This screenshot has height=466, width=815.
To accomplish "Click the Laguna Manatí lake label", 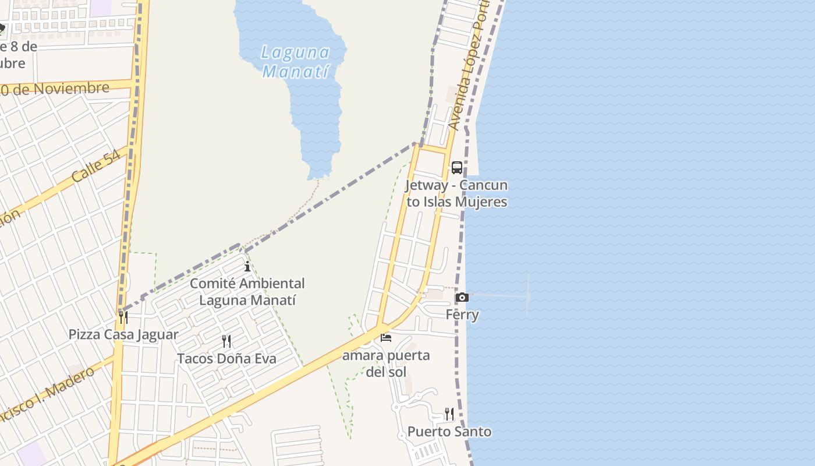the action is (x=296, y=62).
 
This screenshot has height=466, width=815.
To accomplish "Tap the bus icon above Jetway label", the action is (x=457, y=168).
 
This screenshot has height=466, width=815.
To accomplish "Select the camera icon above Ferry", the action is (x=462, y=298).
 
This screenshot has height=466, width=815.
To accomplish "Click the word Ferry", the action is (x=462, y=315).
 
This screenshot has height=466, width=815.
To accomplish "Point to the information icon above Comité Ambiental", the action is (x=247, y=267).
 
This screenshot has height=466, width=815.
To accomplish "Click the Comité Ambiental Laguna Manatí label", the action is (x=247, y=292).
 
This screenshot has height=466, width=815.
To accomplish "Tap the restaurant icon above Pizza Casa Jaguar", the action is (x=123, y=317).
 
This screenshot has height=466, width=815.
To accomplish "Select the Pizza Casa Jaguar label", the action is (x=123, y=335).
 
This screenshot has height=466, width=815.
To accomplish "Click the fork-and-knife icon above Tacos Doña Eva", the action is (x=226, y=341).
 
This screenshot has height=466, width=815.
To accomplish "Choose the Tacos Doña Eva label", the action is (x=226, y=359).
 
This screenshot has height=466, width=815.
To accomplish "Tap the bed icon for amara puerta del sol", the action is (x=386, y=337).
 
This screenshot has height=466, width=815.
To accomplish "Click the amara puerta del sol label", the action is (x=386, y=363).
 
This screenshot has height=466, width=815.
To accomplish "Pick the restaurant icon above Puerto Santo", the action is (x=449, y=414).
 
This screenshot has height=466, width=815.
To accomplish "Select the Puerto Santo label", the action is (x=449, y=432).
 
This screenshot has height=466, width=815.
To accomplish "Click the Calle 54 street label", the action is (x=97, y=165).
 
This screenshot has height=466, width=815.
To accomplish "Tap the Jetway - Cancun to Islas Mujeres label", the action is (x=457, y=193).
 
